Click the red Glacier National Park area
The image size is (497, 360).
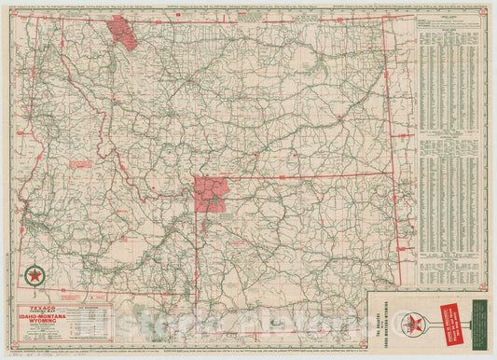click(122, 31)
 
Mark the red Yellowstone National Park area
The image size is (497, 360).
click(212, 192)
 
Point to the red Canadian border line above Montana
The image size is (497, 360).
click(252, 18)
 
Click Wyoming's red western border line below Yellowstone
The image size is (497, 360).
click(197, 252)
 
